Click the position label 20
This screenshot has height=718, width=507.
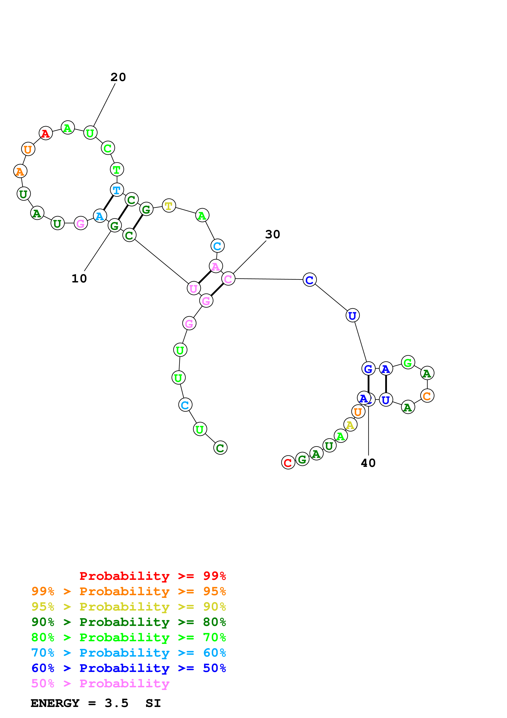(118, 77)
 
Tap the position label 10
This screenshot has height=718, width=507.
(79, 279)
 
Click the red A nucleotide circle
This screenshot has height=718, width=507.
(46, 133)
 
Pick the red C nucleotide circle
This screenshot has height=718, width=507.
(288, 463)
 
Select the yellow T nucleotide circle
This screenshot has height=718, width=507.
(169, 206)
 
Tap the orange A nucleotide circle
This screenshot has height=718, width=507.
(20, 171)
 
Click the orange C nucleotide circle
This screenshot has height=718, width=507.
(427, 396)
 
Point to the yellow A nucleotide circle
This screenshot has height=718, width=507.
(350, 425)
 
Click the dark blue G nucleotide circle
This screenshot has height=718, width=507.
(368, 369)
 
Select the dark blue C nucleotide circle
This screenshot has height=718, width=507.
(310, 280)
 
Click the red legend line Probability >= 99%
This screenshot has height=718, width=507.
(152, 576)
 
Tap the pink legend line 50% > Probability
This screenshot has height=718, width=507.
(100, 683)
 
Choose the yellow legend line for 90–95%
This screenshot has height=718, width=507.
(128, 606)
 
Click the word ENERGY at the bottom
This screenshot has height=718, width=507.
(55, 703)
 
